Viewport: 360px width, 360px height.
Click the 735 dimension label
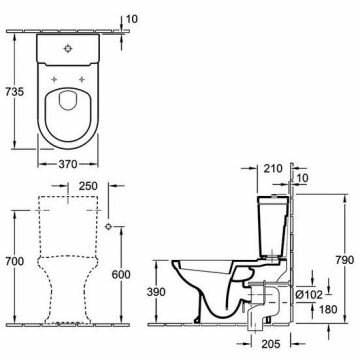pos(14,91)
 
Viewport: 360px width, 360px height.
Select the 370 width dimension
pos(68,164)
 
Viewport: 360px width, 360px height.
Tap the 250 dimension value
pos(88,186)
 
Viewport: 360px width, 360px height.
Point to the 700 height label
pos(14,261)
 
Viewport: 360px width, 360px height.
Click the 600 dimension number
pos(121,274)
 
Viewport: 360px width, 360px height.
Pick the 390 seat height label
pos(156,292)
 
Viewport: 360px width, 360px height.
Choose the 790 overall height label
pos(344,260)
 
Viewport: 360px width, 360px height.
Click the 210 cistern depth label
pos(273,169)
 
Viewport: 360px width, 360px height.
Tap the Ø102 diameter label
pos(309,295)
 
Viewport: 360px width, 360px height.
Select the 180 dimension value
pos(327,309)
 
